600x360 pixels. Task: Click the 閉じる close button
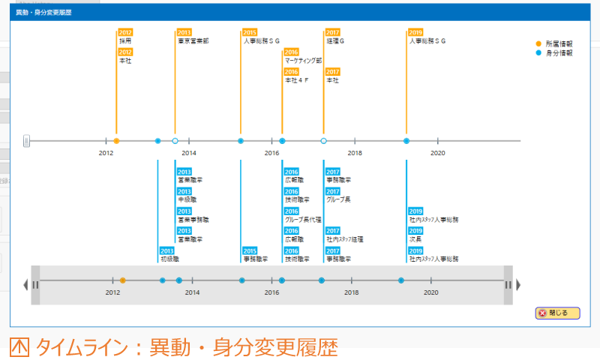[x=557, y=313]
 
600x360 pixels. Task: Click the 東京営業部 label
[x=193, y=41]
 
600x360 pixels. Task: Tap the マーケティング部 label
[x=303, y=61]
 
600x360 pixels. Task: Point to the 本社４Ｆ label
[x=296, y=80]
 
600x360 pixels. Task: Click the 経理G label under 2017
[x=334, y=41]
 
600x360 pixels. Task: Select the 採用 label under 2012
[x=124, y=41]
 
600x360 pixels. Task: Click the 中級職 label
[x=187, y=200]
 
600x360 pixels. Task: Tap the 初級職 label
[x=169, y=259]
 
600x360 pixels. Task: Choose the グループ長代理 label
[x=303, y=220]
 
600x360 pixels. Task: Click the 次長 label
[x=415, y=239]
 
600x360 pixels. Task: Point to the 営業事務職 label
[x=193, y=220]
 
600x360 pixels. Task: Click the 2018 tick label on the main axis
[x=355, y=153]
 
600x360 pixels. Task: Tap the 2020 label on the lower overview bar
[x=430, y=292]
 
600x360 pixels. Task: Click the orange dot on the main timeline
[x=116, y=141]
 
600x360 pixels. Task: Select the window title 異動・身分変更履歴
[x=44, y=13]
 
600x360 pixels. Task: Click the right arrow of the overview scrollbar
[x=518, y=284]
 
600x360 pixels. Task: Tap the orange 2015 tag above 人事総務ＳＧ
[x=250, y=32]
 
